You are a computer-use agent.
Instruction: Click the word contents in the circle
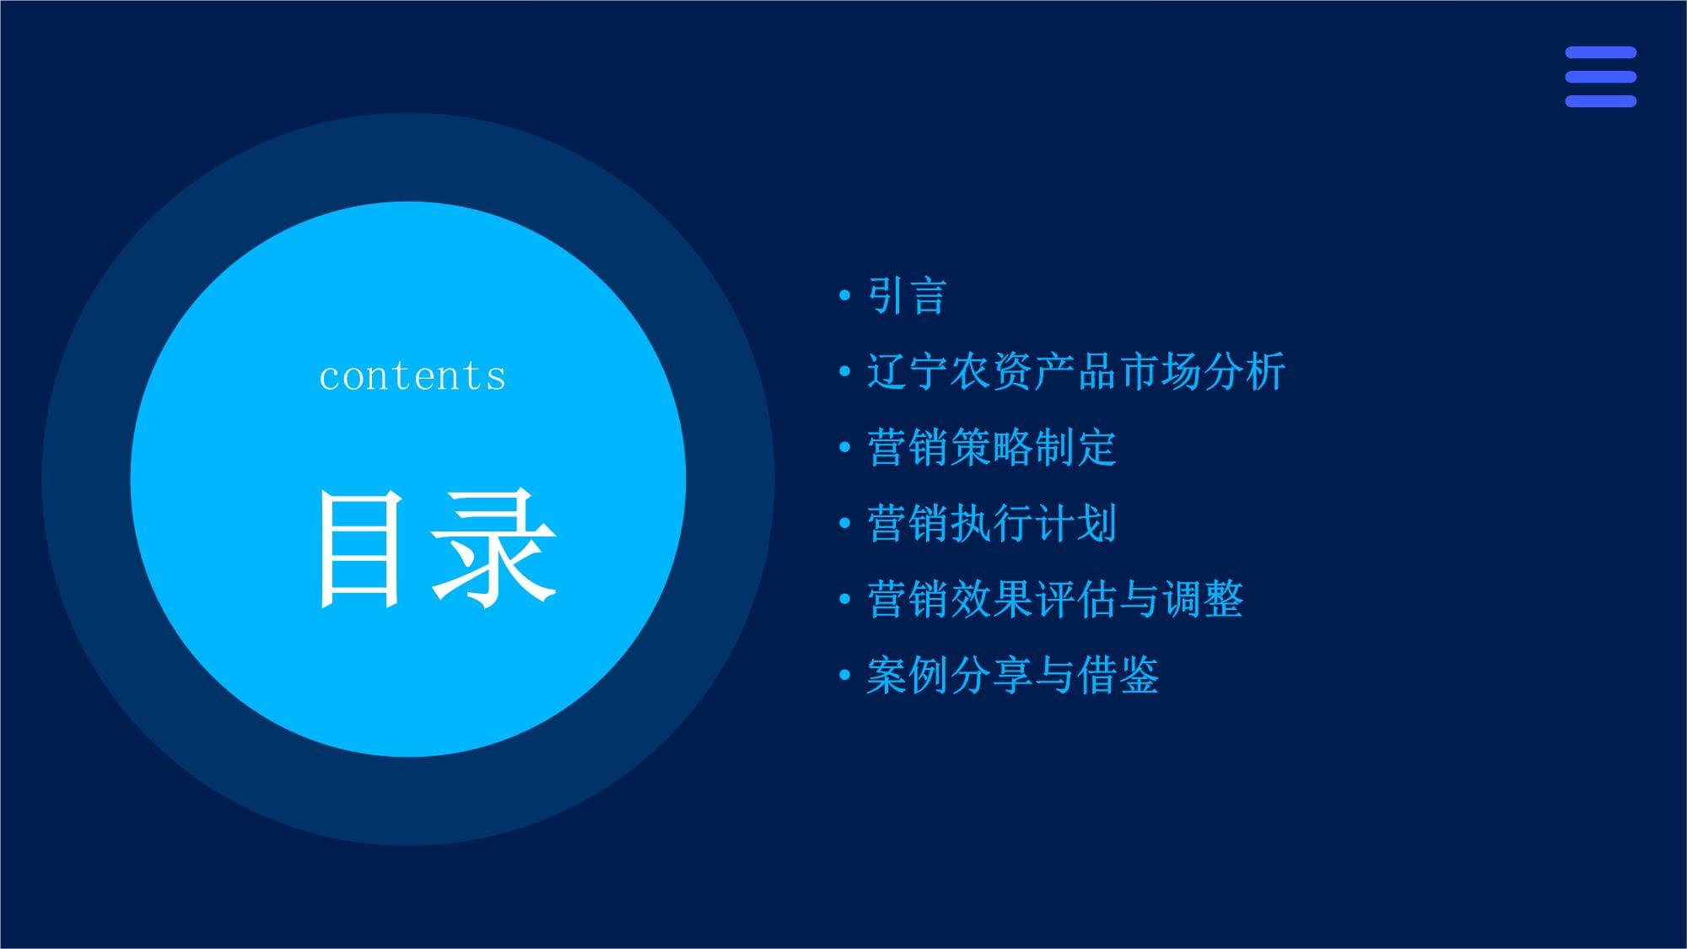(x=412, y=376)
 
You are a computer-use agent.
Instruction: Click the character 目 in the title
(x=358, y=549)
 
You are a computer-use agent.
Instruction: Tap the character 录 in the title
(x=493, y=549)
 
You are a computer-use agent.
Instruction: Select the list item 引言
(x=907, y=296)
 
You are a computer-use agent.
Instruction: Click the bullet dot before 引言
(x=844, y=296)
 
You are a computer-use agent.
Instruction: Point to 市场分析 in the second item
(x=1201, y=371)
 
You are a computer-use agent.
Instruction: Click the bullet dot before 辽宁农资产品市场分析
(x=844, y=372)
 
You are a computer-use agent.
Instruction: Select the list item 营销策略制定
(x=991, y=447)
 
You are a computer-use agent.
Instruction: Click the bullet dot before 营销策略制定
(x=844, y=448)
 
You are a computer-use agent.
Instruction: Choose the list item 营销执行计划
(x=991, y=523)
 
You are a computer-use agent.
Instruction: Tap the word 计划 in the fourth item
(x=1075, y=523)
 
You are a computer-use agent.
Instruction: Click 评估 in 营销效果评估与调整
(x=1075, y=599)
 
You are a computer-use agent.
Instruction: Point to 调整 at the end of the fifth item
(x=1202, y=599)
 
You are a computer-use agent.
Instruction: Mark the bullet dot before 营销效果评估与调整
(x=844, y=600)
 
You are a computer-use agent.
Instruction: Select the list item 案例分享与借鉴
(x=1012, y=675)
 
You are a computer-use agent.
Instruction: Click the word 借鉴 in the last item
(x=1118, y=675)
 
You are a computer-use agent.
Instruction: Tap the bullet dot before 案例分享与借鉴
(x=844, y=676)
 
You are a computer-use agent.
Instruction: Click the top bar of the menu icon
(x=1600, y=52)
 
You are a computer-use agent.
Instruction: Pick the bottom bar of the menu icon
(x=1600, y=101)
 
